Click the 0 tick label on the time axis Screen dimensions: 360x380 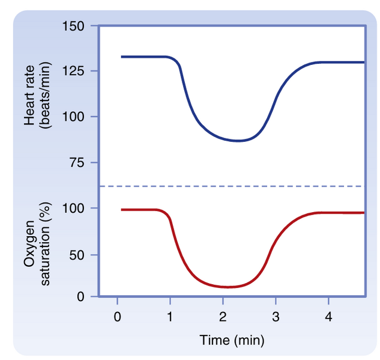[117, 316]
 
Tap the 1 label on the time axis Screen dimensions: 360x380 [170, 316]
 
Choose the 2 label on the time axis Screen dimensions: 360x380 [223, 316]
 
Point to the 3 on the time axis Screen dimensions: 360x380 [276, 316]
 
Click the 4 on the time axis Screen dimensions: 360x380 [328, 316]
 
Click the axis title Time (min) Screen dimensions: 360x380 [232, 341]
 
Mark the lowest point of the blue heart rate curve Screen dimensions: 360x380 [238, 141]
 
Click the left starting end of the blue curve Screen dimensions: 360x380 [122, 56]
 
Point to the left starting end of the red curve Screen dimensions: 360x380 [122, 210]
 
